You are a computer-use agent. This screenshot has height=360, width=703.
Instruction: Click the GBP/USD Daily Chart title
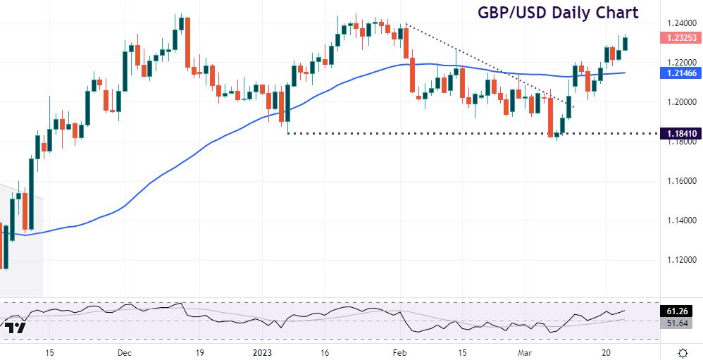tap(558, 13)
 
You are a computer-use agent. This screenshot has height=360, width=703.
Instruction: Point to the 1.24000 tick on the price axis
tap(680, 23)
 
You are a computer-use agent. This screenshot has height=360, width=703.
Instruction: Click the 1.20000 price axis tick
tap(680, 102)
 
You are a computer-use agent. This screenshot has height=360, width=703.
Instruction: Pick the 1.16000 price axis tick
tap(680, 181)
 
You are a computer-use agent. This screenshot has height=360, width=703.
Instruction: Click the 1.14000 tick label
tap(680, 221)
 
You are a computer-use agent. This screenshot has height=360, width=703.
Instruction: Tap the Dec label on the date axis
tap(124, 352)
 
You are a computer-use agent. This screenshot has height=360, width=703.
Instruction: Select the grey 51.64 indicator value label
tap(680, 323)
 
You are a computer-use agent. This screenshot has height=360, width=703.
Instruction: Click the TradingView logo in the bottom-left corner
tap(15, 328)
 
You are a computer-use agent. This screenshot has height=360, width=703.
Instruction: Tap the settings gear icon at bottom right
tap(683, 352)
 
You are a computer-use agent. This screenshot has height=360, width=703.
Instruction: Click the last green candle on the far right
tap(625, 43)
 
